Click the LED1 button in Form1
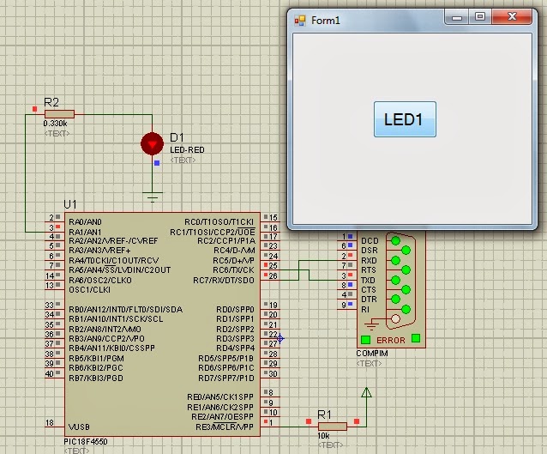point(405,119)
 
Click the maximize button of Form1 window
point(480,16)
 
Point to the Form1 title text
point(326,19)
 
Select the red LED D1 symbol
point(153,143)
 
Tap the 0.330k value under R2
point(55,124)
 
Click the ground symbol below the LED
point(153,197)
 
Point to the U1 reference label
point(70,204)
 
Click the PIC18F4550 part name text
point(85,441)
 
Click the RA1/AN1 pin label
point(85,232)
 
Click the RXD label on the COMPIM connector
point(370,260)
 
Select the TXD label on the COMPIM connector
point(370,281)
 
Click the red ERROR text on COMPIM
point(391,341)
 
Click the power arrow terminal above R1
point(367,395)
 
